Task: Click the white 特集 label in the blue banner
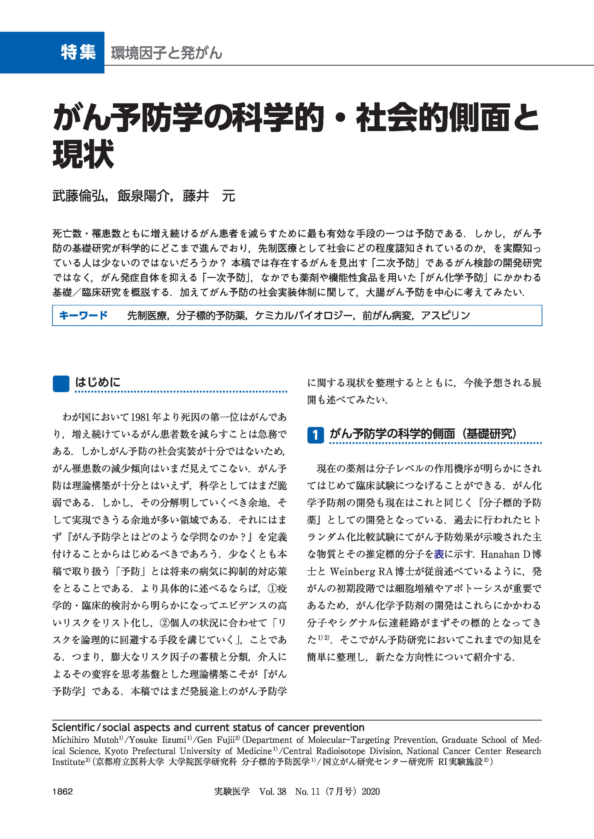pos(78,52)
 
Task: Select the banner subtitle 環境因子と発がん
pos(167,53)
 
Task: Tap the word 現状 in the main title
pos(83,154)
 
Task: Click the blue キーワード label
pos(83,315)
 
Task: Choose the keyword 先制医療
pos(147,315)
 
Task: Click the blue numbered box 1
pos(315,435)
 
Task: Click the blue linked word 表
pos(439,554)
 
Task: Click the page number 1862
pos(63,791)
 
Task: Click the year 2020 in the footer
pos(371,791)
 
